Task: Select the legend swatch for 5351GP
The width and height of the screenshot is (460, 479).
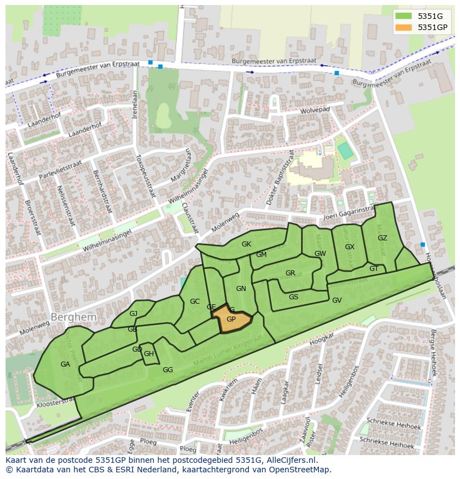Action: [x=404, y=27]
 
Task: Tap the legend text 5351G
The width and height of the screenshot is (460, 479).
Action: [x=430, y=16]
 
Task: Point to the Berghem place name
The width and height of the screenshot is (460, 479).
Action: [x=73, y=317]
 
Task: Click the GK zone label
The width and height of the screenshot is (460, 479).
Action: [x=246, y=244]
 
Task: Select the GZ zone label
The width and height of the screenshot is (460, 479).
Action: [x=382, y=238]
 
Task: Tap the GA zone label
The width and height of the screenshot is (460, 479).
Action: [x=65, y=364]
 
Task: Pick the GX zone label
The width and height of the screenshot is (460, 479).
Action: [x=349, y=247]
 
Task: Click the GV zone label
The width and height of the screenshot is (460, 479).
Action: [x=337, y=300]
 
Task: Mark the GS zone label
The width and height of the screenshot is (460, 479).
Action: [x=293, y=297]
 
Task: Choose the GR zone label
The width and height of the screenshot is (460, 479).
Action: [x=290, y=273]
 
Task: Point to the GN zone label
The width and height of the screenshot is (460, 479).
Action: [x=241, y=289]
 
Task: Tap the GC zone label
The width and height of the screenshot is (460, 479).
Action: [x=194, y=302]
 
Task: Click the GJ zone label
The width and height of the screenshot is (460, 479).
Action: [x=133, y=314]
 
